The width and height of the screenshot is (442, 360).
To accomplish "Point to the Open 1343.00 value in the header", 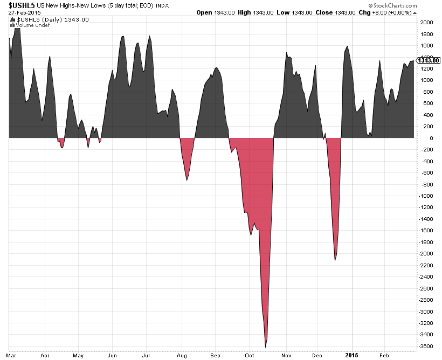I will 222,12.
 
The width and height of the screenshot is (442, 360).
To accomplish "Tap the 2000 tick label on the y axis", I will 426,22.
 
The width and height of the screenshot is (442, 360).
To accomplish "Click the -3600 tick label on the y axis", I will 426,346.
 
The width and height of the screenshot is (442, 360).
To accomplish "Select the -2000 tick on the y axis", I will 426,253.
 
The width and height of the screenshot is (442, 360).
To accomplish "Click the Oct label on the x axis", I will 250,355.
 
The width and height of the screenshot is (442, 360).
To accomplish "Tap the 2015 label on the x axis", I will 351,355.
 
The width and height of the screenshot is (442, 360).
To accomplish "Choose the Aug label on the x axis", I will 182,355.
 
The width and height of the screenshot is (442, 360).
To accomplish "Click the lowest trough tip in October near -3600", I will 266,347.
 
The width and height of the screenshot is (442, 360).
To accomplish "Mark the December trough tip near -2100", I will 335,260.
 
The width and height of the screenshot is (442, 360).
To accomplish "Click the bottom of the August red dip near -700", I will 187,179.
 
